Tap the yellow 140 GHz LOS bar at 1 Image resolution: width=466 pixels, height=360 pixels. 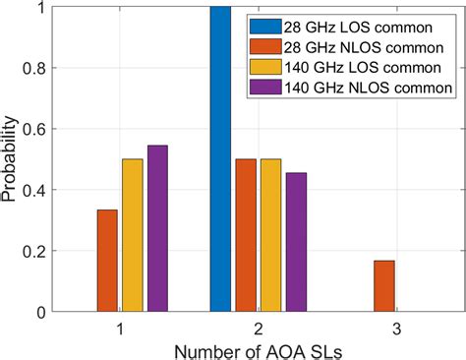[132, 235]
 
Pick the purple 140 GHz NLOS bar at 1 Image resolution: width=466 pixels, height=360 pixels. [157, 228]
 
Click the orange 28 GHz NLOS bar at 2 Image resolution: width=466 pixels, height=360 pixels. [246, 235]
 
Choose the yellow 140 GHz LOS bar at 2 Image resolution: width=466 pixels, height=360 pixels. [271, 235]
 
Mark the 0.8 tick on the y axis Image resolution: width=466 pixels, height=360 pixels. [33, 68]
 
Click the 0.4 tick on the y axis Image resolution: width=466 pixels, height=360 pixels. [33, 190]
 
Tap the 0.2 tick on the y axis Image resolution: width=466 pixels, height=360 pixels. [33, 251]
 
